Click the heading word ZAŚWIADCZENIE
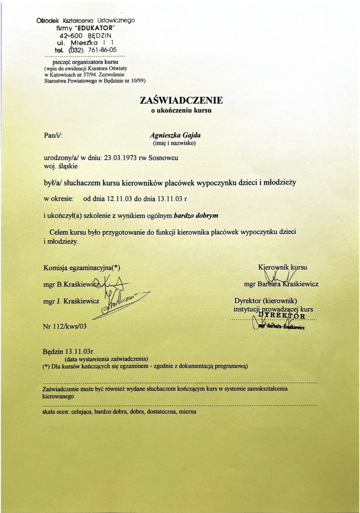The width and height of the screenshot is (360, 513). click(x=181, y=100)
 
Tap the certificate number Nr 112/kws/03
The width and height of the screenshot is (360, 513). click(x=65, y=326)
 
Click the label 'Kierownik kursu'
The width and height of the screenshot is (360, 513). click(x=282, y=267)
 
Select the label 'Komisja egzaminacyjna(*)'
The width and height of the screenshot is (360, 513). click(x=82, y=268)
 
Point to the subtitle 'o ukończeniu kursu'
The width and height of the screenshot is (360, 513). click(x=181, y=111)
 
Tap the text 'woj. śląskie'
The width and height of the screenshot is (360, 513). click(x=60, y=166)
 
